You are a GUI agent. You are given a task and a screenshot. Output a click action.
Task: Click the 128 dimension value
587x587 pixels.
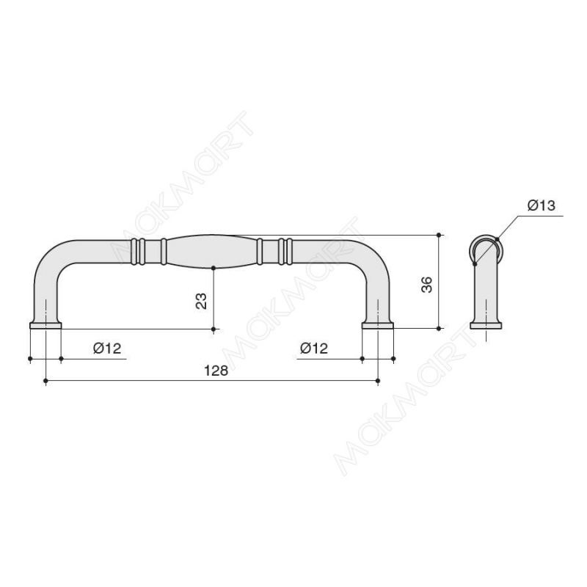tap(216, 371)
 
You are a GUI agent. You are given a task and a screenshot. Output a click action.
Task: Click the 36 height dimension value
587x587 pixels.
tap(426, 285)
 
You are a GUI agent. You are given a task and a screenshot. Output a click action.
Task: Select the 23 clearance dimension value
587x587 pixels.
tap(201, 301)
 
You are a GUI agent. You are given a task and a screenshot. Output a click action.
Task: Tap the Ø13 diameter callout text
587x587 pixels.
tap(542, 205)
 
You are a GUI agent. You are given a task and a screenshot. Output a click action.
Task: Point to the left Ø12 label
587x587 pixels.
tap(107, 348)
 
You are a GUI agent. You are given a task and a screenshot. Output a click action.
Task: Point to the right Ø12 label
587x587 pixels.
tap(314, 348)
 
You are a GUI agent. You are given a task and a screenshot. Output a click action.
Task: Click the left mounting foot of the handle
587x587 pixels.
tap(45, 325)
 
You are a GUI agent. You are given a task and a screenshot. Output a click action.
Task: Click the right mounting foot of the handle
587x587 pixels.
tap(377, 325)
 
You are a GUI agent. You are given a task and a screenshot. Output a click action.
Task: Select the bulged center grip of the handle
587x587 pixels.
tap(211, 252)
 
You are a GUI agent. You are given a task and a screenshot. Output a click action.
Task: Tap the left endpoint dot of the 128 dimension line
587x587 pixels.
tap(45, 381)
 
